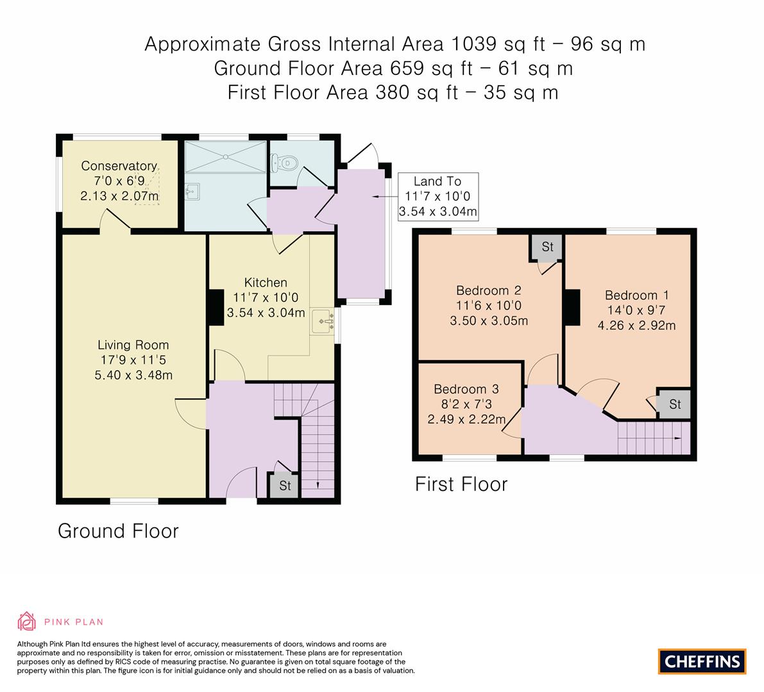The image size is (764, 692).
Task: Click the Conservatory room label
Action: [119, 166]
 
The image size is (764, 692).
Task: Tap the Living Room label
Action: [133, 345]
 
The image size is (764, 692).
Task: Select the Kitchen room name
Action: [266, 283]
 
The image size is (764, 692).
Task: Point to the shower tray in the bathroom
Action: [225, 157]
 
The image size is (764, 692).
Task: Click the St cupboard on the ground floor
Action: [285, 486]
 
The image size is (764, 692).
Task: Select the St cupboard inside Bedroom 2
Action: [547, 247]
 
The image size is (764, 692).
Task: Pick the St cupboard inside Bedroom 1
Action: [674, 404]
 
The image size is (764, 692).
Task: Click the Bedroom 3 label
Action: [466, 390]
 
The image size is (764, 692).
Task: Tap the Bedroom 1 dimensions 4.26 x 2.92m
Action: [636, 325]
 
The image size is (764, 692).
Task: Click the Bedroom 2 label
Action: [488, 290]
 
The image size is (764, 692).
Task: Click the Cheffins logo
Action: [702, 661]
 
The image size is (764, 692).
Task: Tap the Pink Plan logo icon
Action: [27, 621]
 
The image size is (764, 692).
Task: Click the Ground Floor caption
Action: [118, 531]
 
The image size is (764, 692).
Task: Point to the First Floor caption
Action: [461, 484]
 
